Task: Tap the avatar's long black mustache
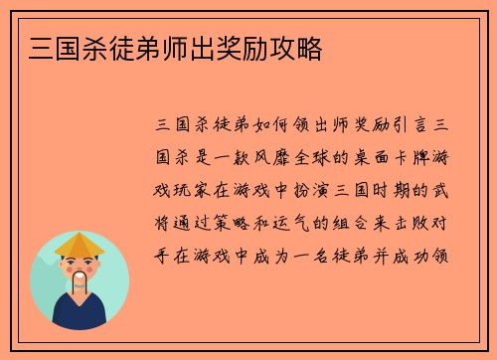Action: [x=81, y=284]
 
